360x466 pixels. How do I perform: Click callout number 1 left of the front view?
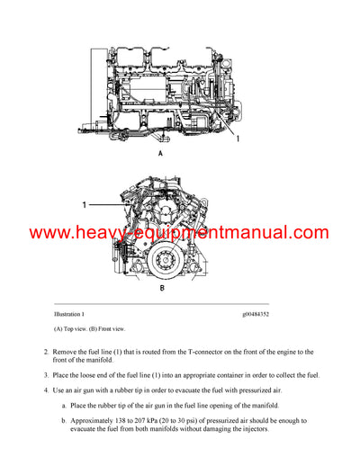tap(84, 205)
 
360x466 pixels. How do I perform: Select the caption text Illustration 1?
tap(69, 315)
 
